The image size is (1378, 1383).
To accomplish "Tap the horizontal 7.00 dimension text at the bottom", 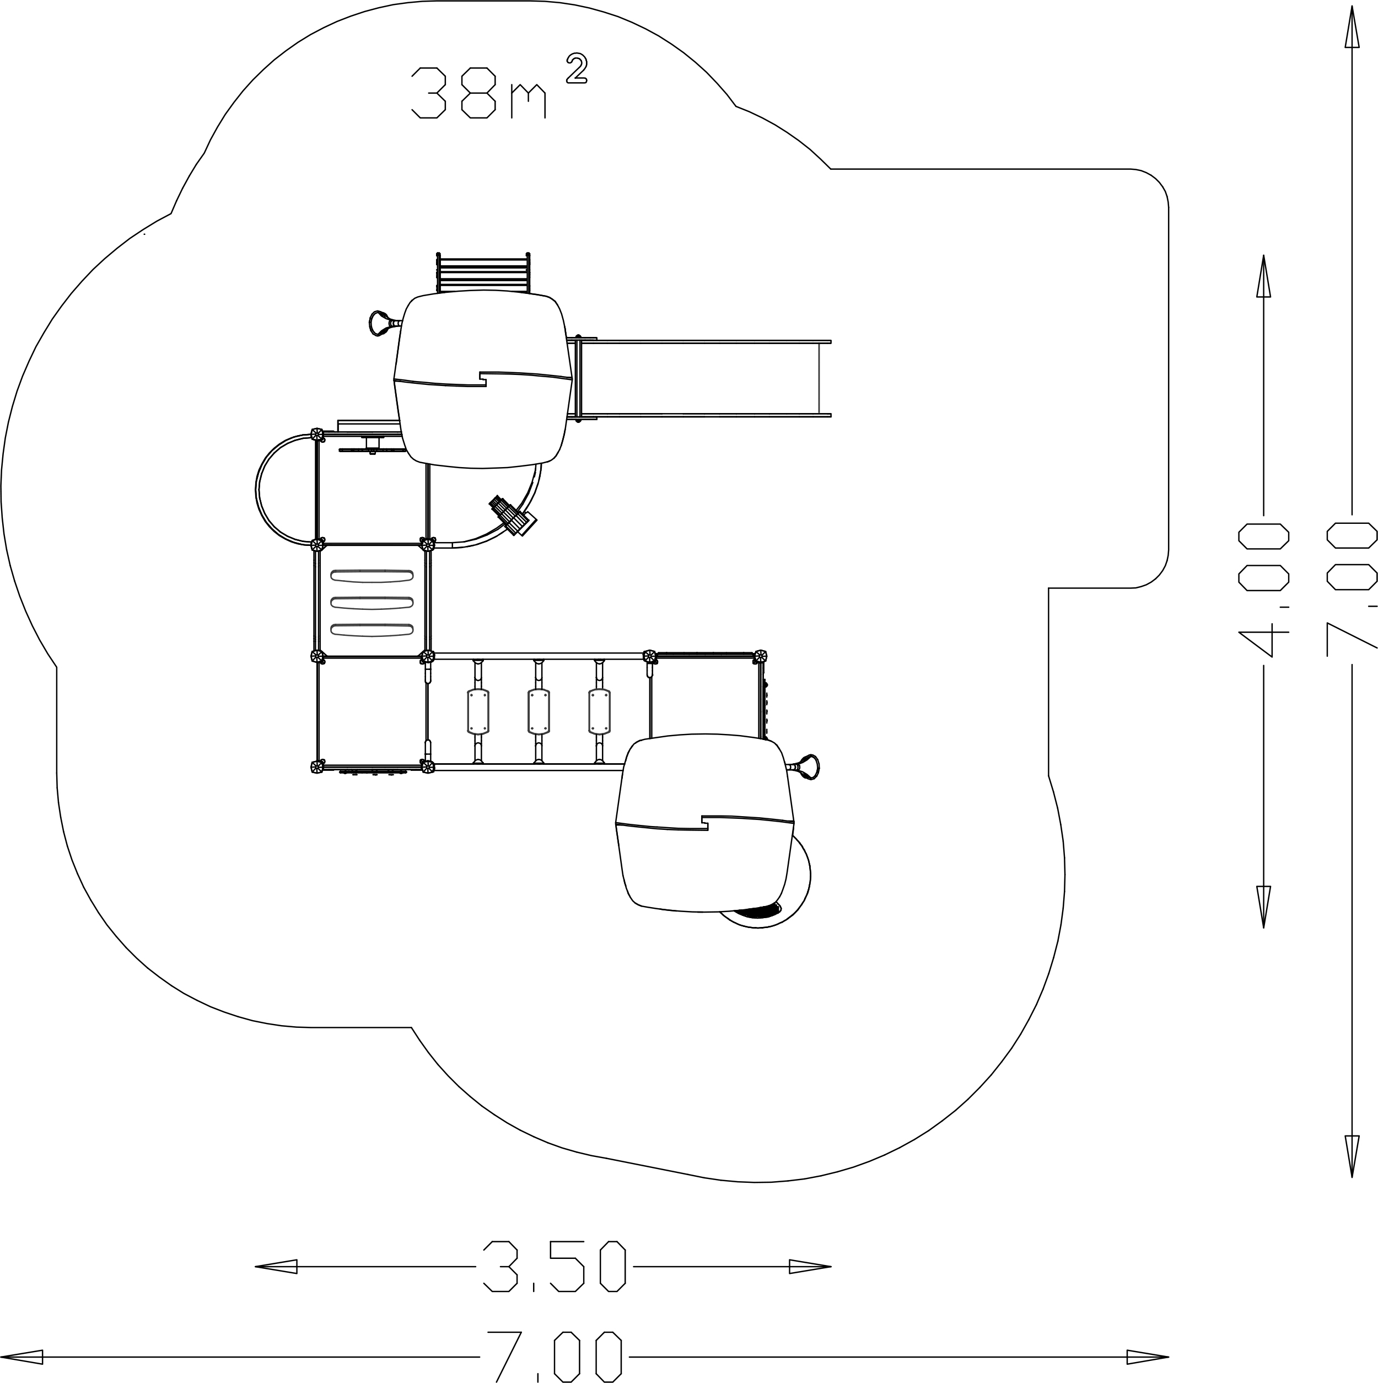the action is [x=555, y=1357].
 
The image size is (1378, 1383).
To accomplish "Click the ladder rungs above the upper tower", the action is [x=483, y=273].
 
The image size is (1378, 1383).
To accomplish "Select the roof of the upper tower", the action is [x=483, y=379].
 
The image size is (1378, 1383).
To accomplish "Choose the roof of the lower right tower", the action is [x=705, y=823].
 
